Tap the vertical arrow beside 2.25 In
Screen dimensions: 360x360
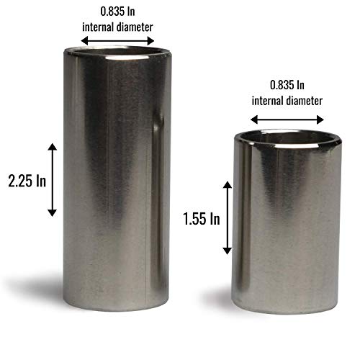(x=51, y=180)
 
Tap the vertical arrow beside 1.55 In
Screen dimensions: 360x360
(x=228, y=218)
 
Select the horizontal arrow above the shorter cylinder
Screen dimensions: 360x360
(x=287, y=120)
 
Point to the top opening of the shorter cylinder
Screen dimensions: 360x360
(x=287, y=135)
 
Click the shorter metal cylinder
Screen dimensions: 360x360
(x=287, y=223)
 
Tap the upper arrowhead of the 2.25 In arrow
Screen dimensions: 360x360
(x=51, y=147)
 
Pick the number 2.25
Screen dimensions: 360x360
(x=18, y=180)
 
